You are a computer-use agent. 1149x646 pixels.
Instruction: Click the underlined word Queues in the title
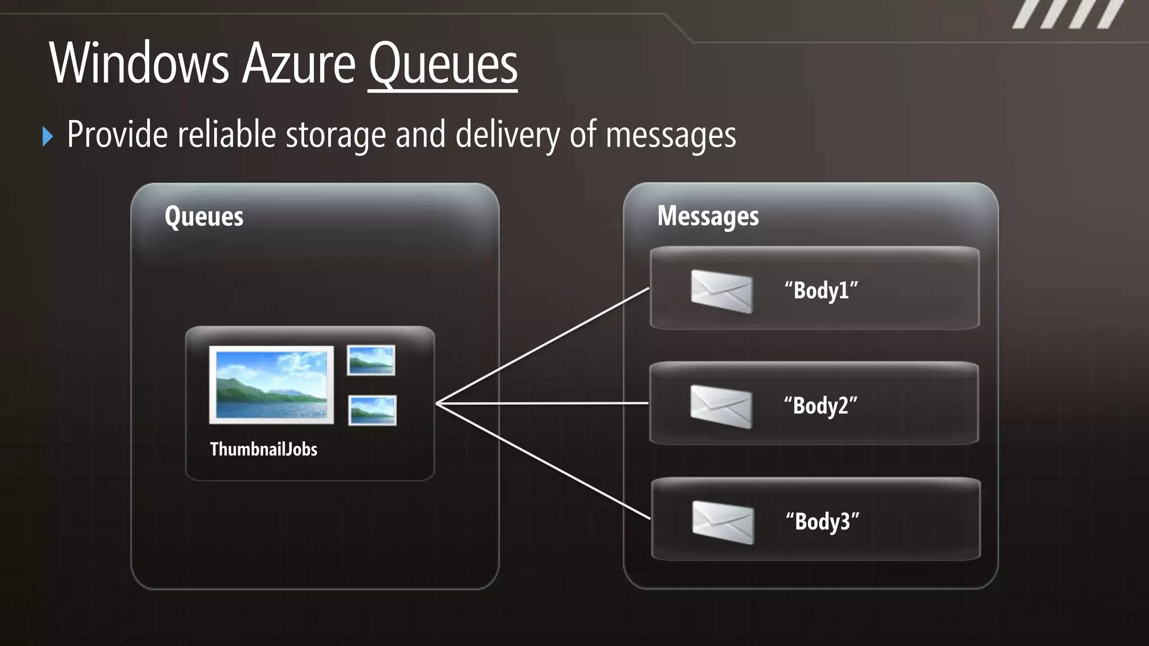(443, 64)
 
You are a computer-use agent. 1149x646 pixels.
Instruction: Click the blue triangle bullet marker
(48, 136)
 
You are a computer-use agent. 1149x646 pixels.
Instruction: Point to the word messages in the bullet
(670, 136)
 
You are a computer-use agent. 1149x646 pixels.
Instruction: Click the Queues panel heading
(204, 216)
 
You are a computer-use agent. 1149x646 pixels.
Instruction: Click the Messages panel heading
(707, 216)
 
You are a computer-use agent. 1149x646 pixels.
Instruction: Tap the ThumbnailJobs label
(264, 449)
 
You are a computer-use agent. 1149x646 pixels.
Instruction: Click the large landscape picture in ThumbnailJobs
(272, 385)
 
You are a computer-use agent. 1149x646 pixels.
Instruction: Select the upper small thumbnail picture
(371, 361)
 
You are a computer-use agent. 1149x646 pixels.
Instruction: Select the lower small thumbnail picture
(372, 410)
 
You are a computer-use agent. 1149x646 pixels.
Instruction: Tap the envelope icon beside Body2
(721, 407)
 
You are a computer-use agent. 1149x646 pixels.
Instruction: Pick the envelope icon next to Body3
(723, 523)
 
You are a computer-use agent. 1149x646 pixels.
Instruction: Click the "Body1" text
(821, 291)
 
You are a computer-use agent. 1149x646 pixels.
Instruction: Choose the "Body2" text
(821, 406)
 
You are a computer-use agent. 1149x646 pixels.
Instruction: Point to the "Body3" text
(822, 522)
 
